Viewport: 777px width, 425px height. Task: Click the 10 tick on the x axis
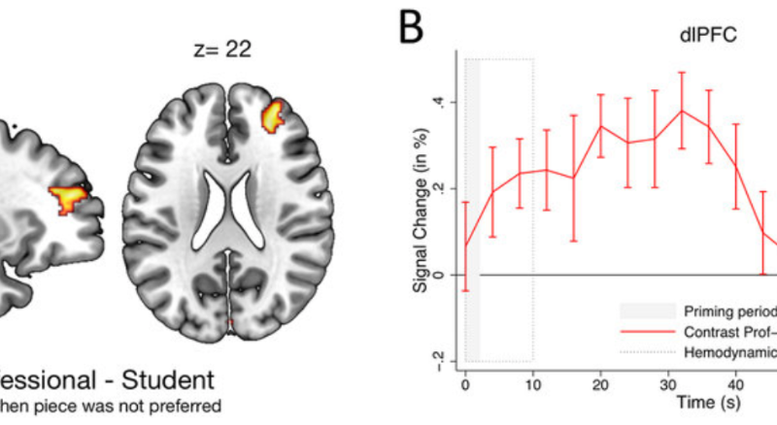[533, 379]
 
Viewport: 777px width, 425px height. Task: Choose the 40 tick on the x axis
[736, 379]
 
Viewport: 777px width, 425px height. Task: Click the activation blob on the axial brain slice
[276, 114]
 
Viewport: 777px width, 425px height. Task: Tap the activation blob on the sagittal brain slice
[72, 199]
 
